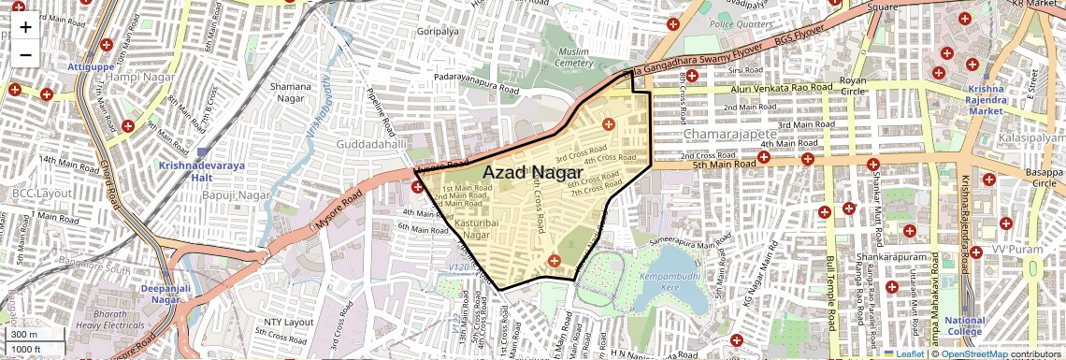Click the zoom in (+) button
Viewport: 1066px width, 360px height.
[x=25, y=26]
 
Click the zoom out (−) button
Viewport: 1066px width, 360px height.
[x=25, y=55]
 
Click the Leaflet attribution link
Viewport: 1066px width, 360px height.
[x=904, y=353]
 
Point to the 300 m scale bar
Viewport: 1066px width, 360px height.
[x=36, y=335]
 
